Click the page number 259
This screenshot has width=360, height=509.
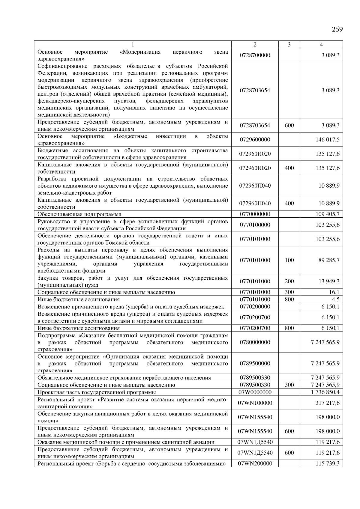pos(337,29)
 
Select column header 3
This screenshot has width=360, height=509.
pos(289,45)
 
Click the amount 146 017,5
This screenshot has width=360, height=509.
pos(328,140)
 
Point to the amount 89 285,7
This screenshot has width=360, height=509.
pos(329,260)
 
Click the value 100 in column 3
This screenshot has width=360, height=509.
pos(289,260)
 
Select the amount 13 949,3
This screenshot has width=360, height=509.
pos(329,281)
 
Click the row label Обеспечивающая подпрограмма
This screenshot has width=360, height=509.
pos(79,214)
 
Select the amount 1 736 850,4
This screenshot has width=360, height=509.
pos(325,392)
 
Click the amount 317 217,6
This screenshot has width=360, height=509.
pos(328,403)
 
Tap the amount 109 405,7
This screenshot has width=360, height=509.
pos(328,214)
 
